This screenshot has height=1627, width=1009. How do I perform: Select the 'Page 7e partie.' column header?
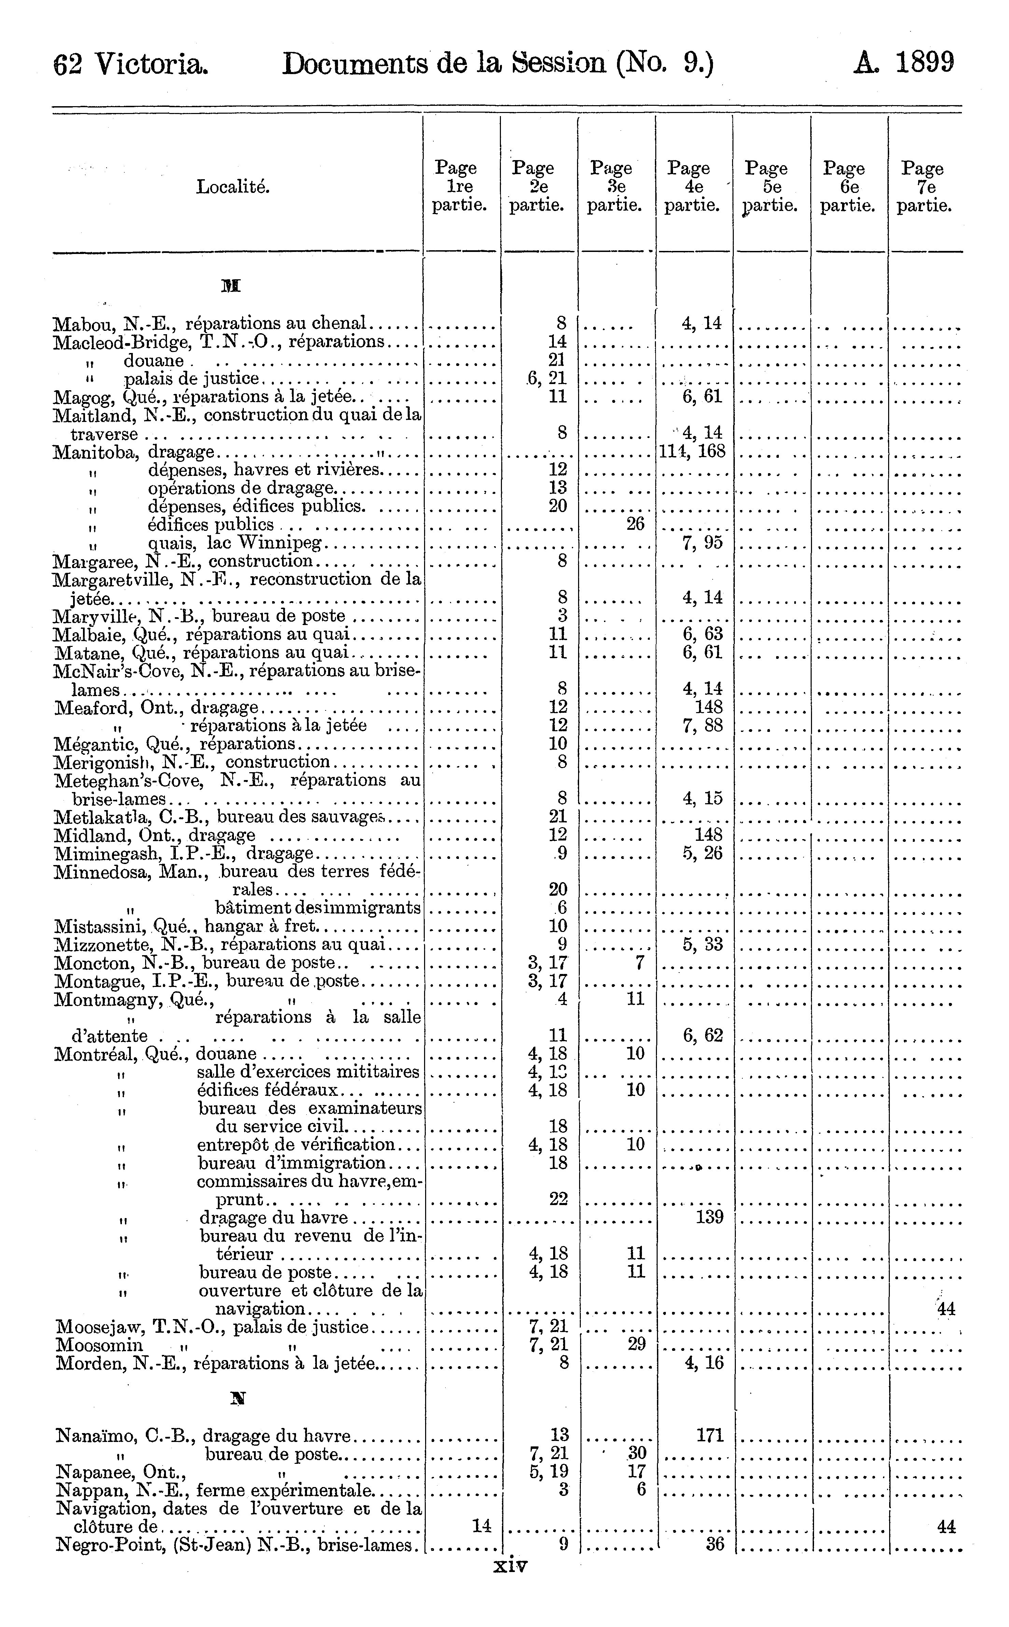click(924, 187)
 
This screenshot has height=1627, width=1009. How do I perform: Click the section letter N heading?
click(234, 1397)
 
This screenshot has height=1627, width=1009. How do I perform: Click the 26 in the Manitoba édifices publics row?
click(635, 524)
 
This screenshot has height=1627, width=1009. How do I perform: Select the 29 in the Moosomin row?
click(636, 1344)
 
